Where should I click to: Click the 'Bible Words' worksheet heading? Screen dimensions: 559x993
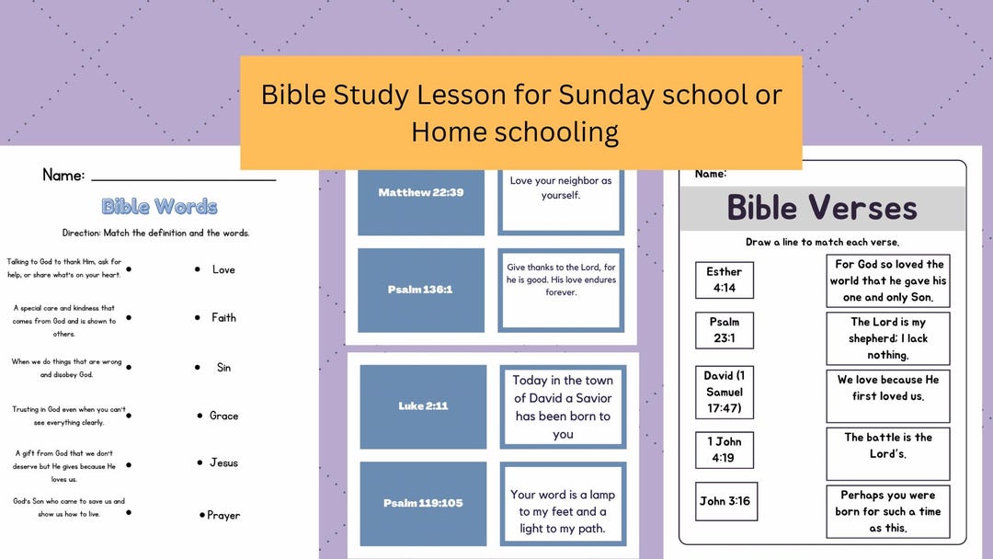click(x=159, y=206)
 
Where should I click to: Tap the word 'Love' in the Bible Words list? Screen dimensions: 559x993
click(x=223, y=269)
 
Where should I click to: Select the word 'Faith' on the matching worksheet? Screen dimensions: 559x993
click(x=223, y=317)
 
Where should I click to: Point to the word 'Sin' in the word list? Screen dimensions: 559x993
click(x=223, y=367)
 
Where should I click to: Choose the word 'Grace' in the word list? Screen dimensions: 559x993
click(x=223, y=416)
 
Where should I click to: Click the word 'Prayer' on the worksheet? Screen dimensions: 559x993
click(x=223, y=515)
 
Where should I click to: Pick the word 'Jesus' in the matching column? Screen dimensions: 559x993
click(x=223, y=462)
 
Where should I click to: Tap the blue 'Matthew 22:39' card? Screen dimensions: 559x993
click(x=421, y=193)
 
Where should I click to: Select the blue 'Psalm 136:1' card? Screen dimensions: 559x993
click(x=421, y=290)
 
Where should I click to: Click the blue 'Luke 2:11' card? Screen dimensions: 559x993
click(x=423, y=406)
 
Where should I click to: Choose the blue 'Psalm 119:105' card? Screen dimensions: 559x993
click(x=423, y=503)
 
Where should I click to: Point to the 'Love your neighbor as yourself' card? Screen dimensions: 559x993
click(x=561, y=188)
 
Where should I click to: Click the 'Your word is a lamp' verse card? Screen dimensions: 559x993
click(x=564, y=511)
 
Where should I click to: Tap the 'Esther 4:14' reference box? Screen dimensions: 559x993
click(x=724, y=279)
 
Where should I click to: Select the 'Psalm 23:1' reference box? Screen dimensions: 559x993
click(x=724, y=330)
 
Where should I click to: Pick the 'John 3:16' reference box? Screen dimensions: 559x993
click(x=725, y=501)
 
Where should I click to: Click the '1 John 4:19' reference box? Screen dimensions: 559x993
click(x=724, y=450)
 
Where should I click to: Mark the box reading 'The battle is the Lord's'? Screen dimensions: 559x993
click(x=887, y=446)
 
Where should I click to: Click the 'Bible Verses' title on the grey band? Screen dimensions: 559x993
click(x=822, y=208)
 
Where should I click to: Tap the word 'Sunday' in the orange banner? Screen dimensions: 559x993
click(x=607, y=95)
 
